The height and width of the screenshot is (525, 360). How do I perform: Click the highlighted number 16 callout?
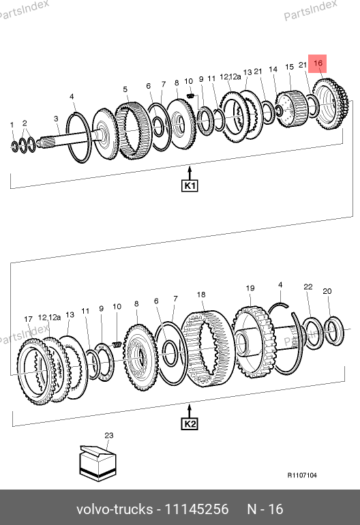pyautogui.click(x=318, y=63)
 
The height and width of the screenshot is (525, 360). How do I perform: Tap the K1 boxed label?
pyautogui.click(x=190, y=185)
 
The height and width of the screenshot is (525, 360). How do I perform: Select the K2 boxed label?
pyautogui.click(x=190, y=424)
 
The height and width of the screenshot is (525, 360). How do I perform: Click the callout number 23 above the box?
pyautogui.click(x=109, y=435)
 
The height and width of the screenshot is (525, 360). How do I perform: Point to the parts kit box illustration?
pyautogui.click(x=97, y=463)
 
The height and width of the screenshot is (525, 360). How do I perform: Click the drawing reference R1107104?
pyautogui.click(x=302, y=475)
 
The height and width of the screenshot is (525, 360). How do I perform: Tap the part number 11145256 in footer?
pyautogui.click(x=197, y=509)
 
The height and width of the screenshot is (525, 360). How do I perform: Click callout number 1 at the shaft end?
pyautogui.click(x=12, y=125)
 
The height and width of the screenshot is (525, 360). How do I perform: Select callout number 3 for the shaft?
pyautogui.click(x=56, y=119)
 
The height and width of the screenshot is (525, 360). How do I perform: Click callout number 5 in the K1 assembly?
pyautogui.click(x=125, y=89)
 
